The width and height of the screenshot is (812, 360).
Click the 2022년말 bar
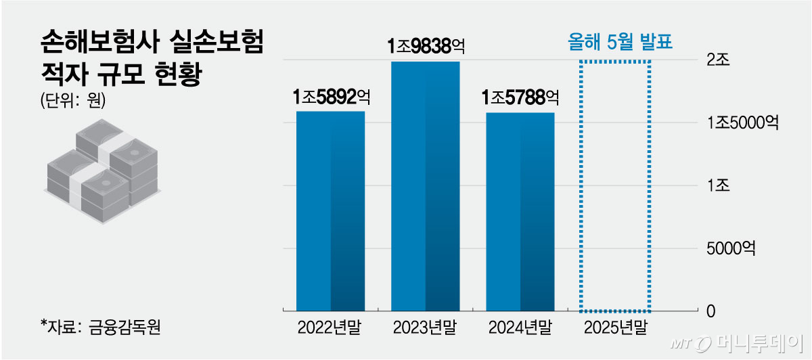click(330, 210)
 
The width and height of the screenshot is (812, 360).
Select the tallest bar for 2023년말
click(425, 186)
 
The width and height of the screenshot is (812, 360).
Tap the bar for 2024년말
click(520, 211)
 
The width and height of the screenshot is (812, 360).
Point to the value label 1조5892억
click(331, 97)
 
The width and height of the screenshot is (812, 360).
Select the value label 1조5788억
click(520, 98)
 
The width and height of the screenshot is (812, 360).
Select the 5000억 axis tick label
click(731, 249)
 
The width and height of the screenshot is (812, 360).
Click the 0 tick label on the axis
click(710, 311)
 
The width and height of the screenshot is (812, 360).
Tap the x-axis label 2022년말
click(330, 328)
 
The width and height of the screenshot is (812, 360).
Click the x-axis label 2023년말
click(425, 328)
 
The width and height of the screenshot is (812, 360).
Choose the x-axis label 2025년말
click(615, 328)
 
